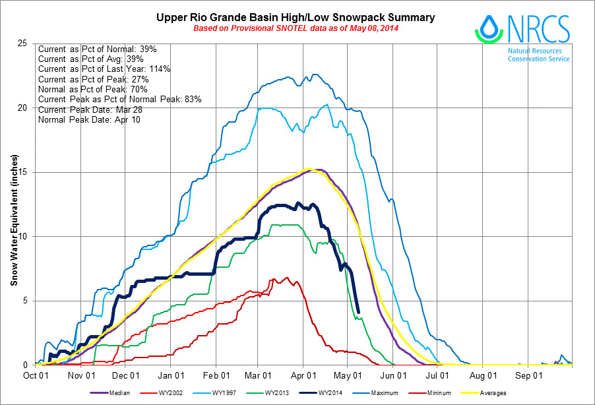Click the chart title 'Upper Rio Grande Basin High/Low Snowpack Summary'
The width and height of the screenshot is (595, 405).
coord(296,17)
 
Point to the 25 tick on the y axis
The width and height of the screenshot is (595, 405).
coord(26,44)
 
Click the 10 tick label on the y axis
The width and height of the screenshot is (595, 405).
coord(26,237)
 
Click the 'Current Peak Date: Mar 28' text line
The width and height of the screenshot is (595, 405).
coord(87,109)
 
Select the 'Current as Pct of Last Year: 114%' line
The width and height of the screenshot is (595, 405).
coord(104,69)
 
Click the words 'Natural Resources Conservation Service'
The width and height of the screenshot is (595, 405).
coord(538,55)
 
